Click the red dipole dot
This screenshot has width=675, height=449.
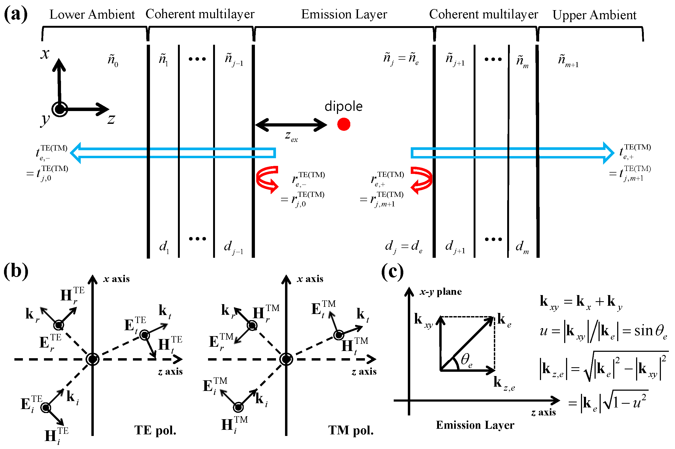pos(343,124)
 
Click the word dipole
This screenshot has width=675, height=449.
pos(343,107)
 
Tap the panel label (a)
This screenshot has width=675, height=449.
pos(16,14)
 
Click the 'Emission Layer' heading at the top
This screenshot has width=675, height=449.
pos(344,14)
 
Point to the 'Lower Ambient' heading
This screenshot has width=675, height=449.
pos(92,15)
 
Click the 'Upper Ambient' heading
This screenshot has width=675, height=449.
pos(594,15)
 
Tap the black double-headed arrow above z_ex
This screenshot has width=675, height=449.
pos(291,125)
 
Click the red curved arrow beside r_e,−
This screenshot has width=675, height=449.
pos(267,179)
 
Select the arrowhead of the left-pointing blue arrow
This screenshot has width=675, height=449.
pos(76,153)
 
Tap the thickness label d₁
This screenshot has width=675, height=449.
pos(164,247)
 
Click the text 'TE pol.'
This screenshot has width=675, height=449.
pos(155,430)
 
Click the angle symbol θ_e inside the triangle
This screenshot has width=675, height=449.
pos(466,360)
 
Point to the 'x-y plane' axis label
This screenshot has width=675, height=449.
pos(440,292)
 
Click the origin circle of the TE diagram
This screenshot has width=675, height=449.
pos(92,359)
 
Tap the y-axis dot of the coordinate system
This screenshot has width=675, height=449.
pos(60,109)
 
